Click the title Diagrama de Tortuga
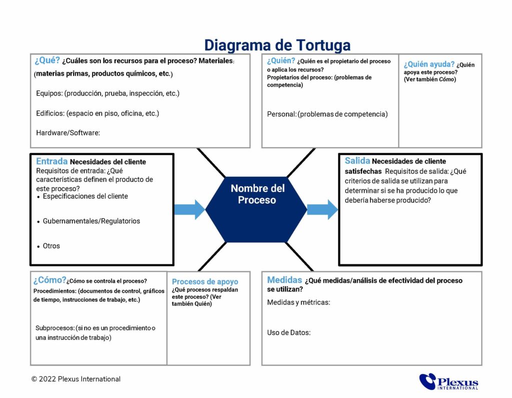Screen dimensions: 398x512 tap(277, 45)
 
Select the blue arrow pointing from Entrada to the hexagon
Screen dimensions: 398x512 tap(189, 209)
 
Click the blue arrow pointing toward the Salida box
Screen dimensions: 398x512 tap(322, 209)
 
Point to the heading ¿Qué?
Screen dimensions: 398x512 tap(47, 61)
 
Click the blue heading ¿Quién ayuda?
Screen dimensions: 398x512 tap(429, 64)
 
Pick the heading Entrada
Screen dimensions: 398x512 tap(51, 162)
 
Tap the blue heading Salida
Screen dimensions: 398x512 tap(357, 161)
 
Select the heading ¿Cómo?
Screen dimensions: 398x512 tap(49, 280)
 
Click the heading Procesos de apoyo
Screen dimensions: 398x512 tap(205, 282)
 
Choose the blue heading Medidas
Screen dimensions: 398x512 tap(284, 280)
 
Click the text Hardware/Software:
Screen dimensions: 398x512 tap(68, 133)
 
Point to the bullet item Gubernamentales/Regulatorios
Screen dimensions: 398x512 tap(91, 221)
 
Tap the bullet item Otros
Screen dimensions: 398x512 tap(51, 246)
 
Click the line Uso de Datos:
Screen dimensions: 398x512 tap(288, 332)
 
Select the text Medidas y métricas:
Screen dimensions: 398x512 tap(298, 302)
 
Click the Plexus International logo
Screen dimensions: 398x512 tap(448, 381)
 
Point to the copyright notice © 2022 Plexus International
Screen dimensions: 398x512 tap(75, 379)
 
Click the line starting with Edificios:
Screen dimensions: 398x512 tap(97, 113)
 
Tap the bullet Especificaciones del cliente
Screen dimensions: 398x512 tap(85, 196)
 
